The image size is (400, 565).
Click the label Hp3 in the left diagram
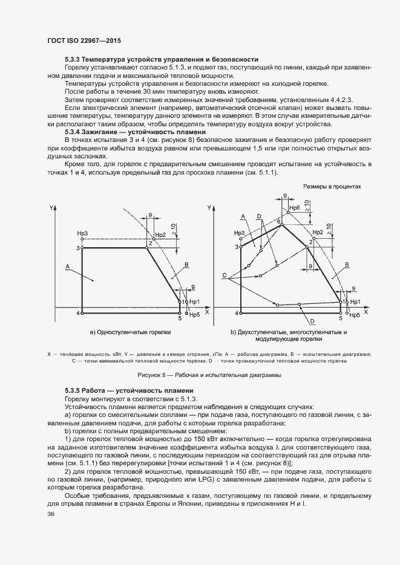point(83,233)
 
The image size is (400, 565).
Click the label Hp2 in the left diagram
point(160,235)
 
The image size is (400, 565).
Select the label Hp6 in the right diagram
point(294,208)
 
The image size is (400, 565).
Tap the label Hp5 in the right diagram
point(355,315)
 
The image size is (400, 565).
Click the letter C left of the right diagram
point(225,276)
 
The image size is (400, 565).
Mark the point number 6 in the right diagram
point(279,222)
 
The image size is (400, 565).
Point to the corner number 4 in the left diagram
point(77,313)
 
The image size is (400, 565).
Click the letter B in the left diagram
point(187,265)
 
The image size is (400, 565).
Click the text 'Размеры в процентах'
point(332,187)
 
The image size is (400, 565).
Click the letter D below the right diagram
point(312,321)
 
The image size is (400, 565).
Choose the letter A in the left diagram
point(68,266)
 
